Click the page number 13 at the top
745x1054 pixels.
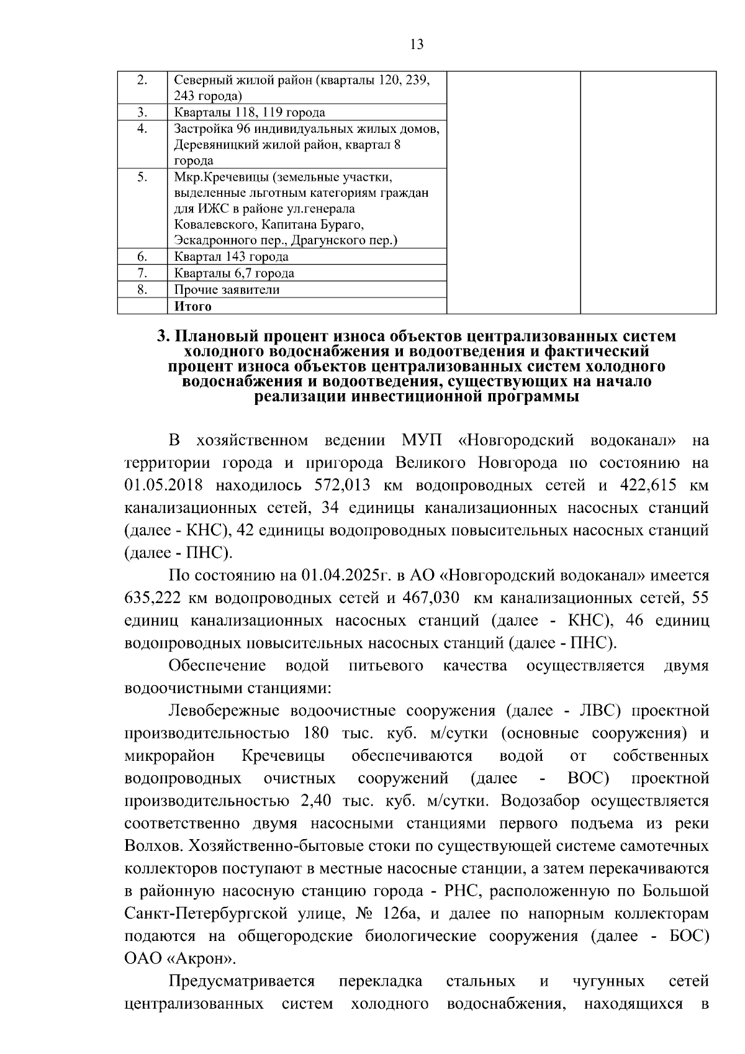pos(417,44)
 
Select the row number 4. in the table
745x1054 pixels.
pos(142,129)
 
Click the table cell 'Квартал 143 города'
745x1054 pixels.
pos(231,257)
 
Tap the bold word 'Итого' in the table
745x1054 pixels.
pos(192,306)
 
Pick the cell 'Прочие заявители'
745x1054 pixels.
pos(227,289)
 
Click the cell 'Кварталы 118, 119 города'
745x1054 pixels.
pos(250,112)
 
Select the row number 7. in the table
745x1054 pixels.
pos(142,273)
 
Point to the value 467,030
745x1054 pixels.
pos(430,598)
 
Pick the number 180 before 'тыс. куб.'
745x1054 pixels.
pos(316,733)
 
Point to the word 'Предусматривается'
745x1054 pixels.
pos(242,981)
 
